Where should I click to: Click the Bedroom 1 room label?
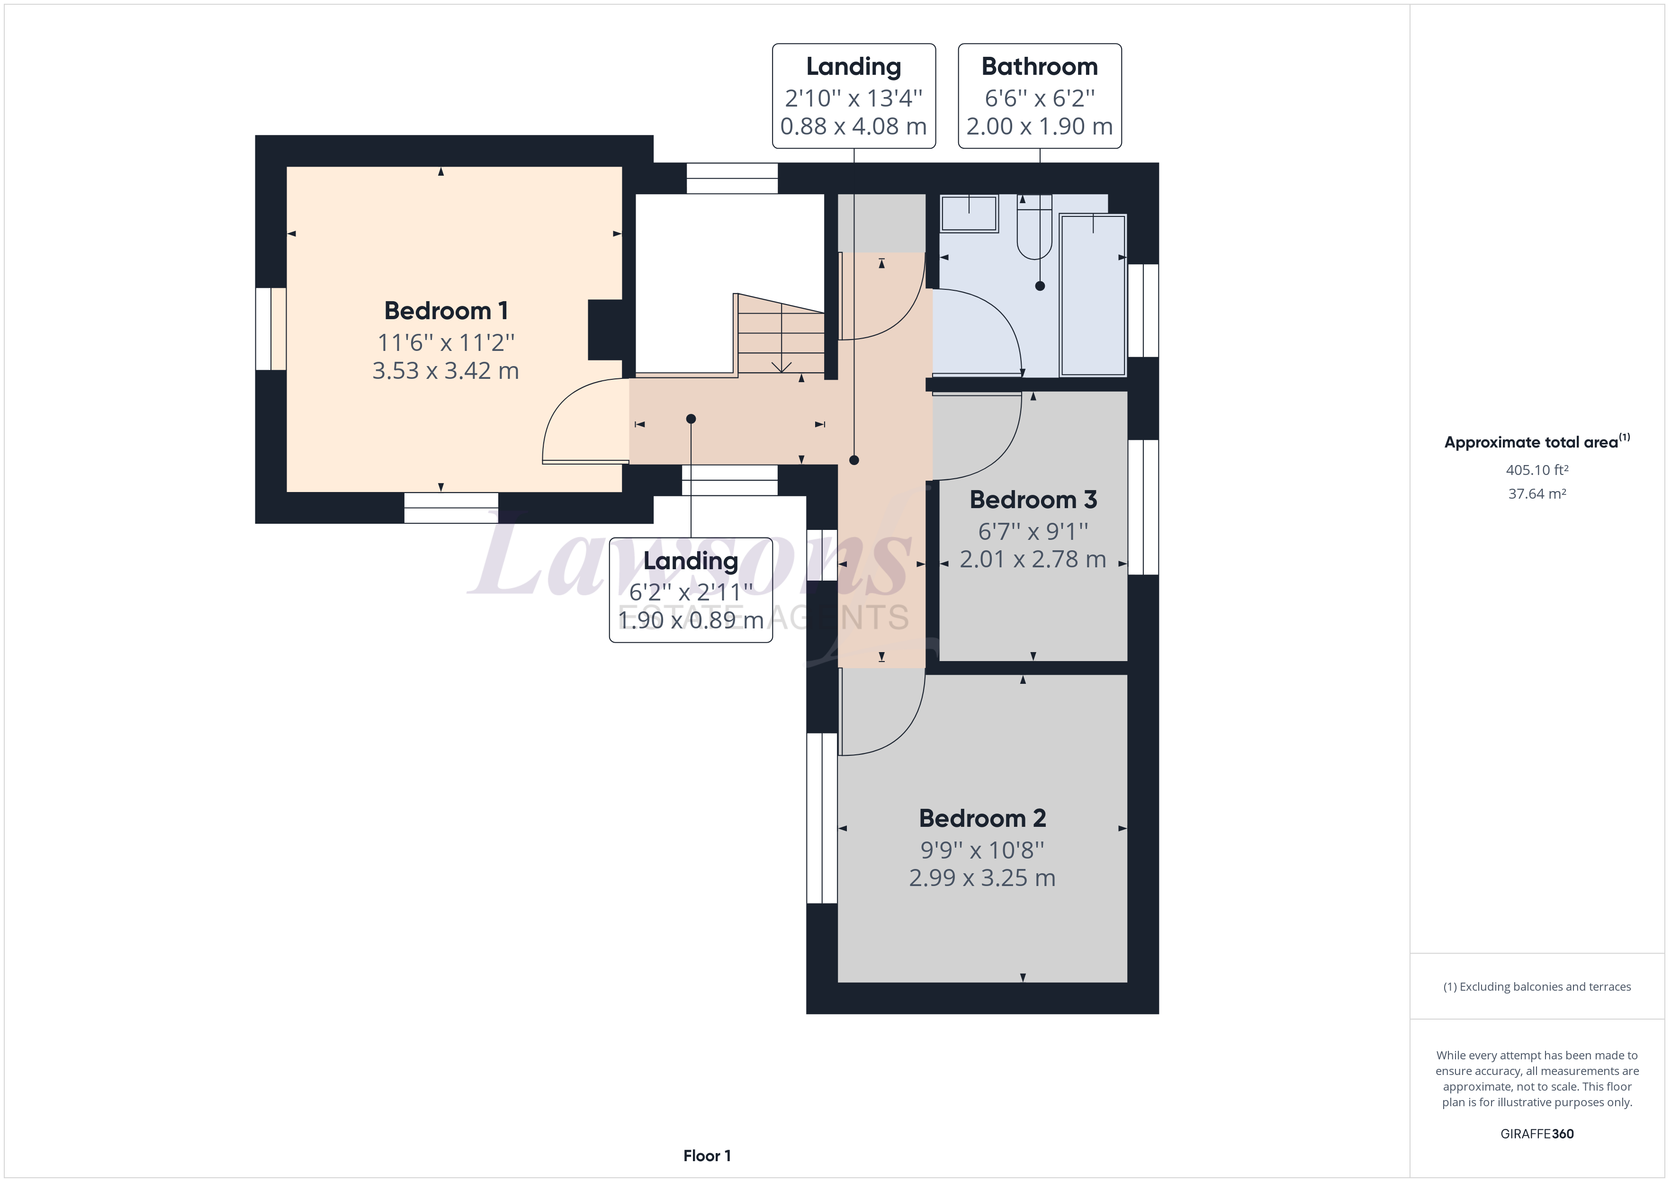point(445,311)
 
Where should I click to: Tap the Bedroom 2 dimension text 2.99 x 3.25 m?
point(982,878)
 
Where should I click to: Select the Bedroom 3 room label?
point(1033,500)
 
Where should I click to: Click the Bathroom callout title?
point(1039,67)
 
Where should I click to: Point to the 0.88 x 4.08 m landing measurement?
point(853,126)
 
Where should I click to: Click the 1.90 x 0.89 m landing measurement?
point(690,620)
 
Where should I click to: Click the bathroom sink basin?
point(969,213)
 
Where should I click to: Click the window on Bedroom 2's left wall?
point(822,818)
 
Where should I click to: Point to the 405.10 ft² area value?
point(1536,470)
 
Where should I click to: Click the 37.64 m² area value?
point(1536,493)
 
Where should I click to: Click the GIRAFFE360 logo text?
point(1536,1133)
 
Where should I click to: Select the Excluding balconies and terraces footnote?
point(1536,987)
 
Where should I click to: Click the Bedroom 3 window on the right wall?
point(1143,507)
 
